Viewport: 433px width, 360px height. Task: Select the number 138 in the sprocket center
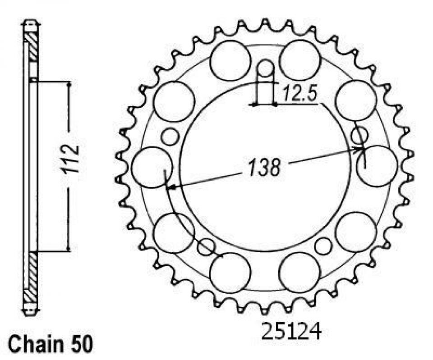[263, 168]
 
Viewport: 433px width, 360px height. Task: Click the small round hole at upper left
[170, 137]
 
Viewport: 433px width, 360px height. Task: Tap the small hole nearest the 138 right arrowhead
[359, 135]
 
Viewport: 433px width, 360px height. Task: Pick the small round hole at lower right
[323, 246]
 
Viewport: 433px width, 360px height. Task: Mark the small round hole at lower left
[207, 246]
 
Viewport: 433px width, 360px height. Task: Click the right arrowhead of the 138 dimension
[362, 148]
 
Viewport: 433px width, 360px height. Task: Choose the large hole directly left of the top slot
[230, 60]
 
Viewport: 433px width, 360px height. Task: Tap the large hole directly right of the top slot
[299, 60]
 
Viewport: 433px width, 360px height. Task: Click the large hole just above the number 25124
[299, 272]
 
